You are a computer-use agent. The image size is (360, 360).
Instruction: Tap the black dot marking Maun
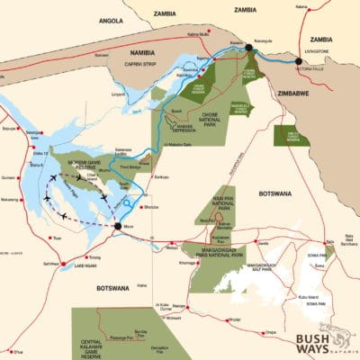[x=117, y=225]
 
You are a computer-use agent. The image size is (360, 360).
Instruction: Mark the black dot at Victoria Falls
[x=299, y=61]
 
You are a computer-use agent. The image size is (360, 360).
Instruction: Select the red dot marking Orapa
[x=264, y=333]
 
